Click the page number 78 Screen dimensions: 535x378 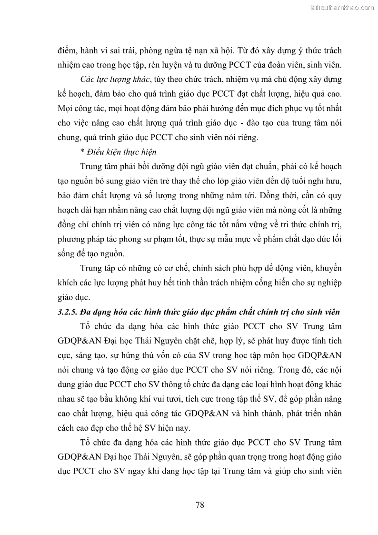click(199, 505)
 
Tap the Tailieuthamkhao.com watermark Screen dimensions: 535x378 click(342, 8)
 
